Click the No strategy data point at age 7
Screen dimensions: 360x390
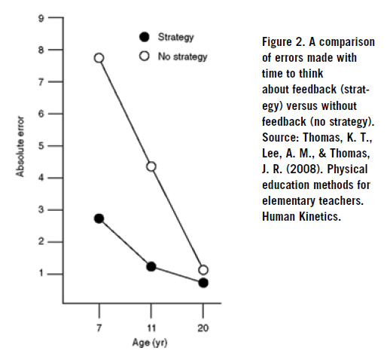pos(99,58)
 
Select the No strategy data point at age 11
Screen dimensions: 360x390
pos(151,166)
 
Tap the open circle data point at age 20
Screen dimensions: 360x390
pos(203,270)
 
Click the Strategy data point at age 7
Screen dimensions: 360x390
pos(99,218)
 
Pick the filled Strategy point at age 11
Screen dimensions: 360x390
pos(151,267)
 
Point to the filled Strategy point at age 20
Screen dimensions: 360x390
pos(203,282)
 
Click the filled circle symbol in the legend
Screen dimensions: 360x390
pos(145,36)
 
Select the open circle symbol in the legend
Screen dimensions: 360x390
pos(145,56)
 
